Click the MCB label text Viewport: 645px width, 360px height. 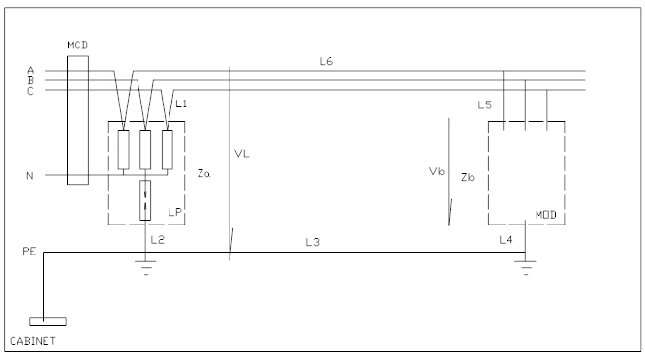click(x=77, y=45)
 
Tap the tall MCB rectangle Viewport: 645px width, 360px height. click(x=77, y=120)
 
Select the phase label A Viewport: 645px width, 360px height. click(x=30, y=71)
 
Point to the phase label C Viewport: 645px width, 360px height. click(x=30, y=91)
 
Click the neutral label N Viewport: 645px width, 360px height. click(x=30, y=176)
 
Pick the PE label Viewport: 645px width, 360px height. click(x=29, y=251)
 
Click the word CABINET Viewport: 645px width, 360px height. click(x=33, y=341)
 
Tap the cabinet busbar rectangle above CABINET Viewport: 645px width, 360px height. click(x=47, y=322)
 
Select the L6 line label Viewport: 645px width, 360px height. click(x=325, y=61)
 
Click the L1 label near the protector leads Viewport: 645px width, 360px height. click(x=181, y=104)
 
